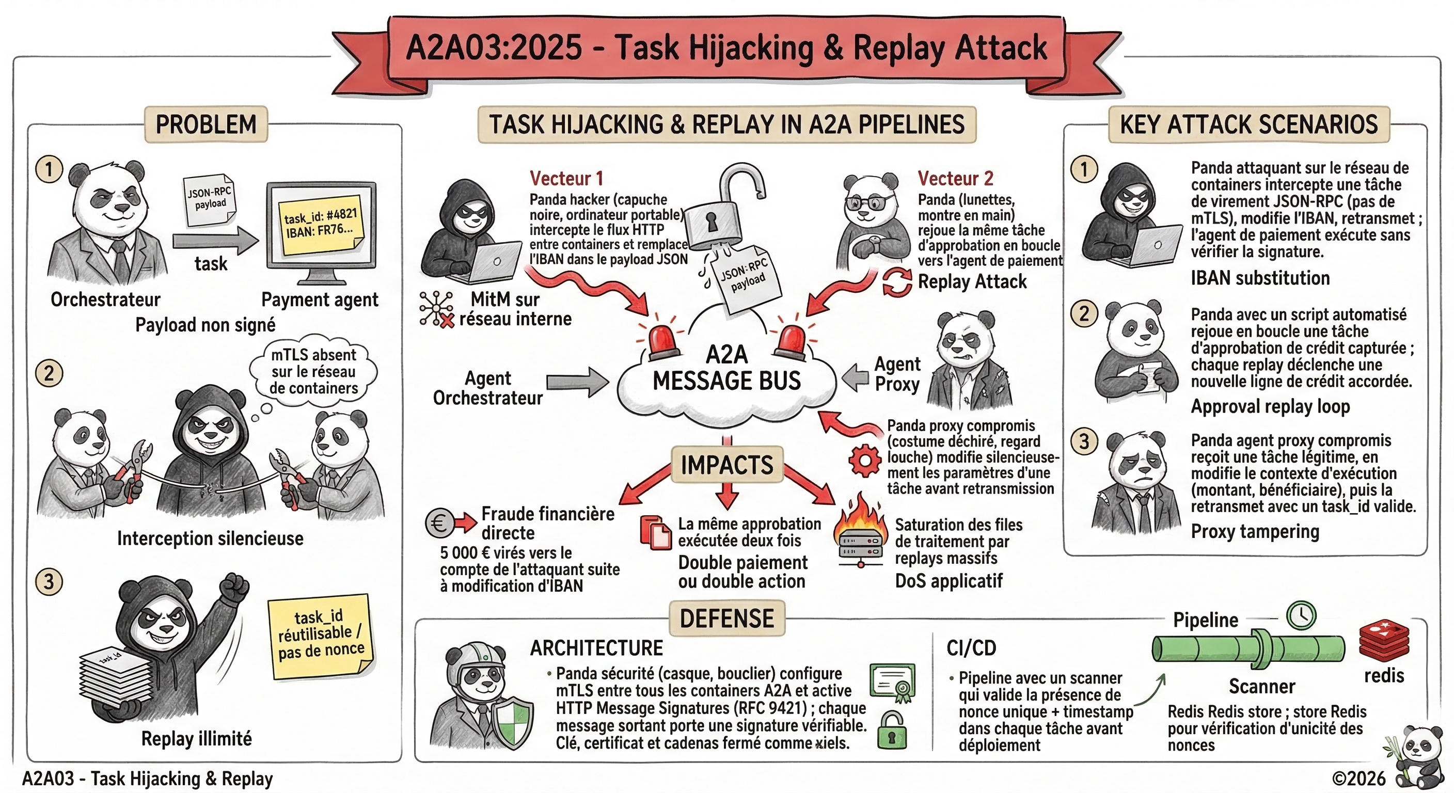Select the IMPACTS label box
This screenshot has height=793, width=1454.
[x=727, y=465]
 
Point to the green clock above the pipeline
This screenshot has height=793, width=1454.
[x=1301, y=615]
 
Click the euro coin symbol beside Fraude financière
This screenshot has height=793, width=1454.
[x=439, y=522]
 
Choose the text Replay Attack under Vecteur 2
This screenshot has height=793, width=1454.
[x=972, y=281]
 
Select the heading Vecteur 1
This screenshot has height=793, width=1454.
[x=566, y=178]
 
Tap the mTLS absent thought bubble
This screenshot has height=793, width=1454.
[x=313, y=371]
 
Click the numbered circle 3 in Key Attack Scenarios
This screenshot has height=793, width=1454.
[x=1084, y=441]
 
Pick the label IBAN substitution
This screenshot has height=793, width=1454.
[x=1260, y=278]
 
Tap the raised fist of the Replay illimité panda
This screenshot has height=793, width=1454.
[x=234, y=589]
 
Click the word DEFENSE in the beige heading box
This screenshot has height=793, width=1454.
[x=727, y=618]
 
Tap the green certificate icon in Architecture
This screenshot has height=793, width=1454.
[x=892, y=682]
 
